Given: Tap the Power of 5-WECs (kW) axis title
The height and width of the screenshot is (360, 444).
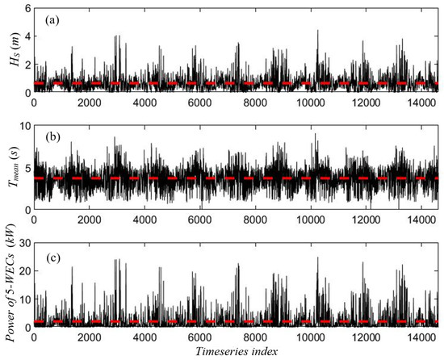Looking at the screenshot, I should click(x=10, y=285).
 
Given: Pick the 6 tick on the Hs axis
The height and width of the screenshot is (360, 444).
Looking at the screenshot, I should click(x=26, y=8).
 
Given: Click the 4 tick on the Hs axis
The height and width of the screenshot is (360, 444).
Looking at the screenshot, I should click(x=26, y=37).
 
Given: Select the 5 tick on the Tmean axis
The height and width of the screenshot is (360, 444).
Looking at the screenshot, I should click(x=26, y=168).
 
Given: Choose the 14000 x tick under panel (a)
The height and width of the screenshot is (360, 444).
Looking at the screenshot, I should click(x=420, y=104).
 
